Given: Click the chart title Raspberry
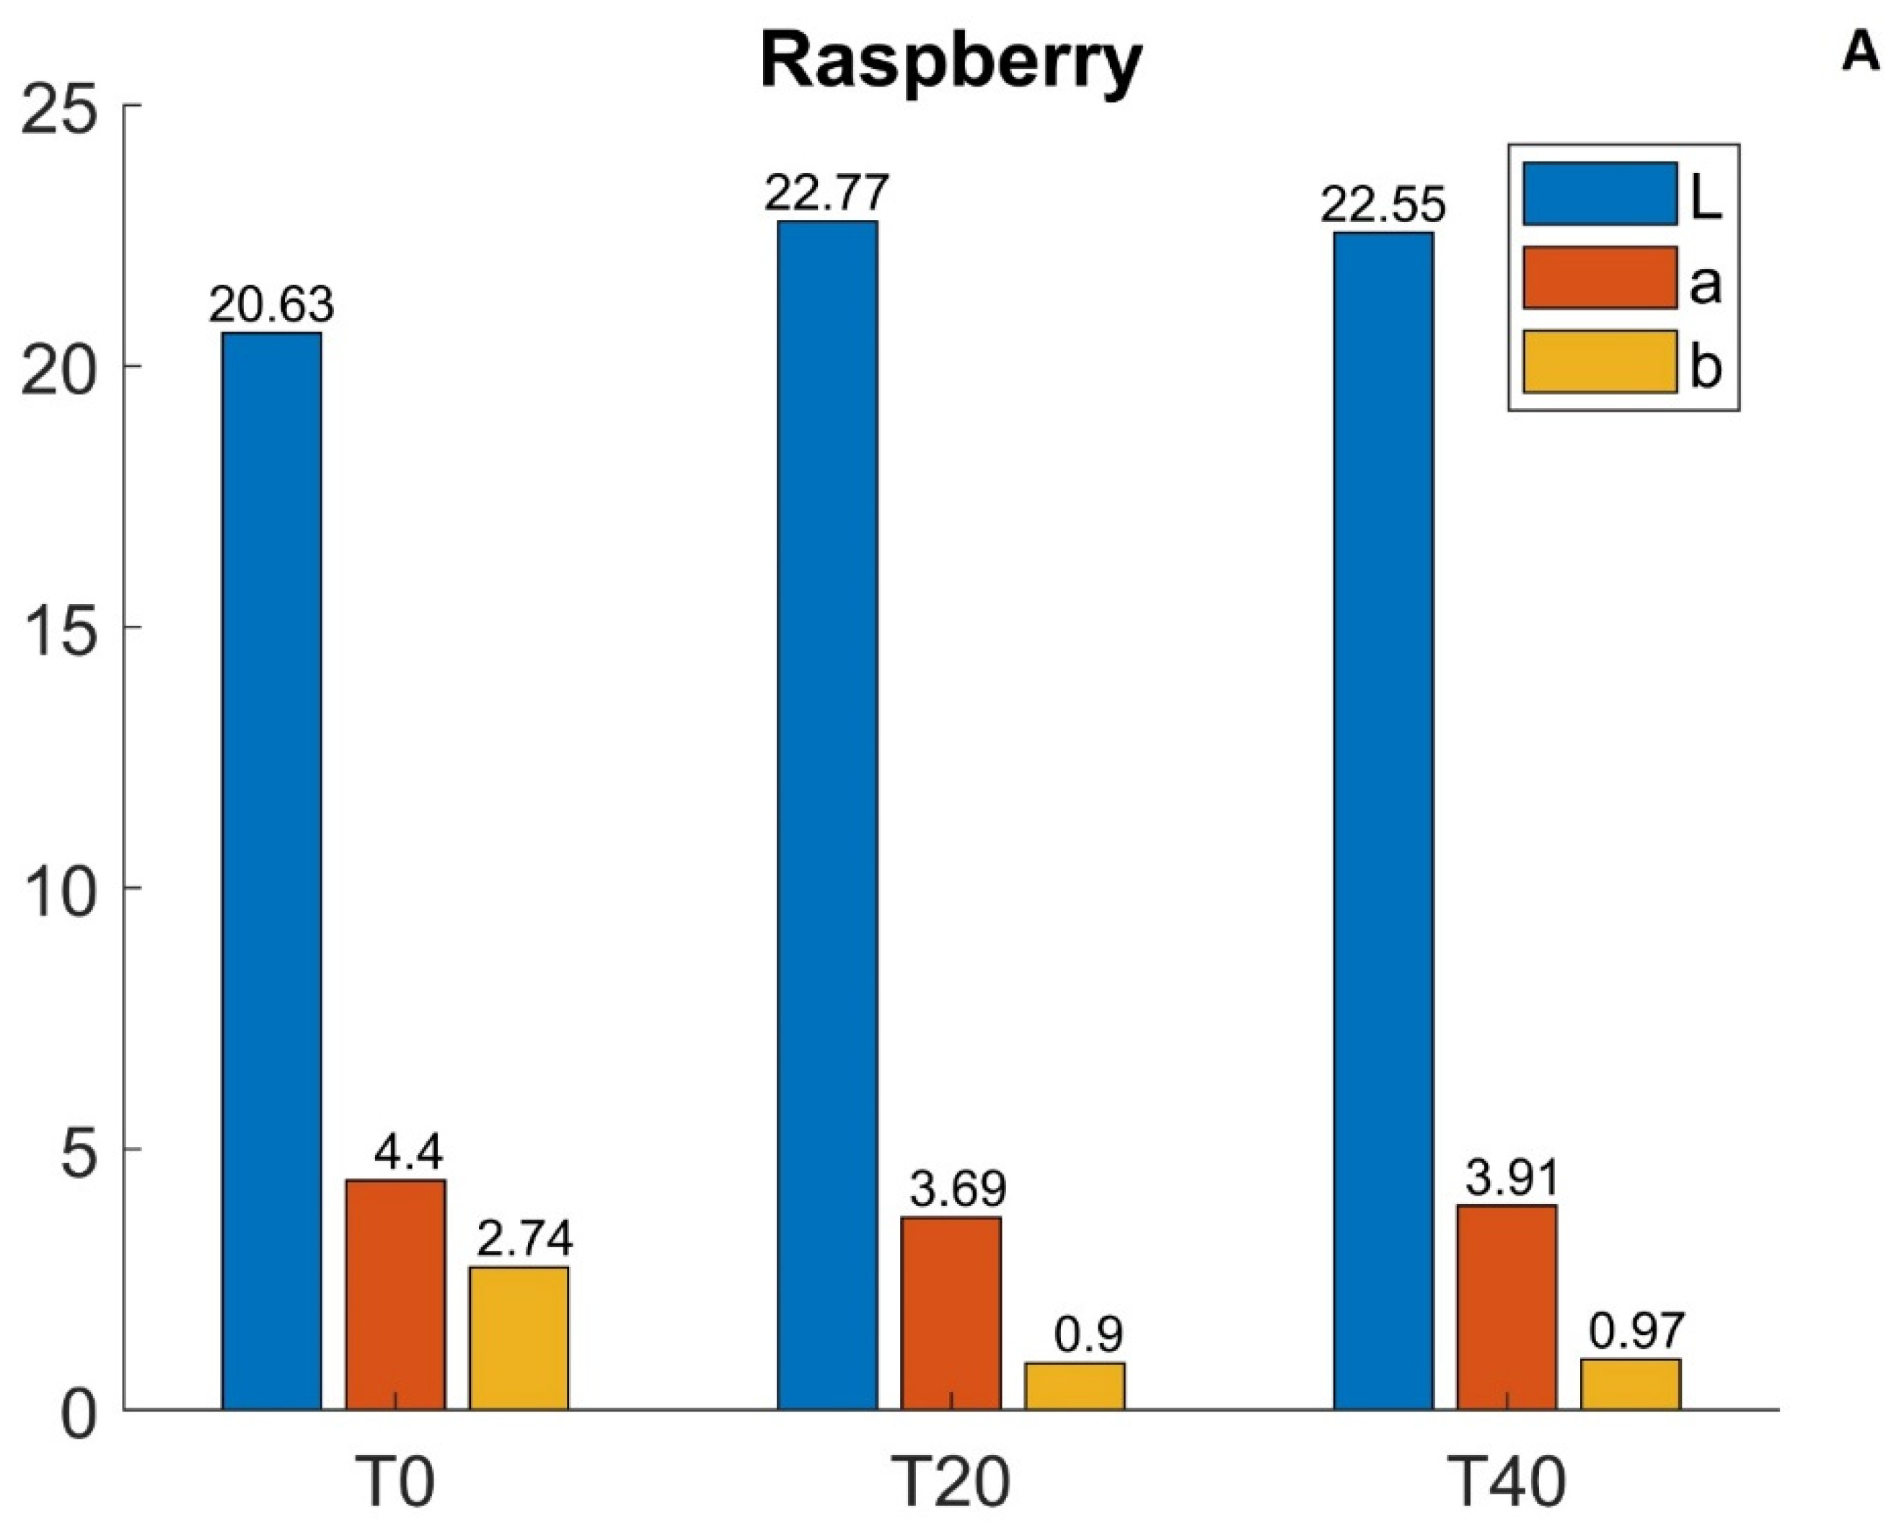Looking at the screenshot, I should (x=951, y=63).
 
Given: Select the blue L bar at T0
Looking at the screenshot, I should (x=271, y=869).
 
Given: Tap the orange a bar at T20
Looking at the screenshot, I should (x=951, y=1312).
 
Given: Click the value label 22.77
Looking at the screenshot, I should (x=827, y=193).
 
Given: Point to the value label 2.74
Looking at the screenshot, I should (x=524, y=1238).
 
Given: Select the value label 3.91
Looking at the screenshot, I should (x=1513, y=1177).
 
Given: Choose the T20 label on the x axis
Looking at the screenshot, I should (x=951, y=1484).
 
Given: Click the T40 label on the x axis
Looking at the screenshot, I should (x=1507, y=1484).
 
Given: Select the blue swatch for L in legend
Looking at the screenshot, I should (x=1600, y=193).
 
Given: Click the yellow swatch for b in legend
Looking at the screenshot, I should (x=1600, y=361).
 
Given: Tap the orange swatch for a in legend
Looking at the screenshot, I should (x=1600, y=278).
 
